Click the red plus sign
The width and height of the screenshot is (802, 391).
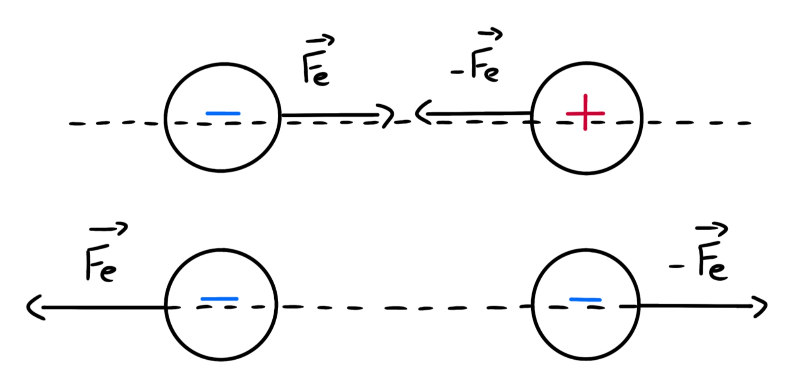click(x=585, y=113)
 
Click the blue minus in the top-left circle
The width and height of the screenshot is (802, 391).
click(x=223, y=113)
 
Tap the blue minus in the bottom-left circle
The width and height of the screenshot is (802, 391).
click(x=219, y=299)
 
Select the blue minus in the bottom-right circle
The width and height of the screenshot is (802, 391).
click(x=585, y=299)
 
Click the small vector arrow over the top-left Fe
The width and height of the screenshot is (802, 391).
click(x=320, y=40)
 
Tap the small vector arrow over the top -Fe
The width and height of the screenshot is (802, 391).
click(x=490, y=34)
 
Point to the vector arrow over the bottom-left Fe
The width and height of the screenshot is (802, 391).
click(x=108, y=229)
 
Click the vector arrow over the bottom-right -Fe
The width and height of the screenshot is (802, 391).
click(x=711, y=229)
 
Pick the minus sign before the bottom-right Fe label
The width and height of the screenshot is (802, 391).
click(x=676, y=266)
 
